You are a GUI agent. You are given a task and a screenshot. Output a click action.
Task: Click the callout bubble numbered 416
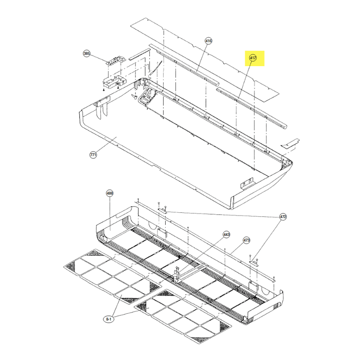(208, 41)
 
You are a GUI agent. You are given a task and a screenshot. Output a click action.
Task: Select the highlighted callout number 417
(253, 58)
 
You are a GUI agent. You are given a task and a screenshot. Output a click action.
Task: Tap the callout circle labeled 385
(86, 54)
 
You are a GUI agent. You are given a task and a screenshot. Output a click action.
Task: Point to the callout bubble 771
(93, 155)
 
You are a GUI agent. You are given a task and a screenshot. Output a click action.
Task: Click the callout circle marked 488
(110, 193)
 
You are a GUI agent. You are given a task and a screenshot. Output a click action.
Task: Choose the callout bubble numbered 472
(283, 217)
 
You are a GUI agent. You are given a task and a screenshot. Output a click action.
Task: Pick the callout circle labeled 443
(226, 234)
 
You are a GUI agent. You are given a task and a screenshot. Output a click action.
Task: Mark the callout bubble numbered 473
(246, 240)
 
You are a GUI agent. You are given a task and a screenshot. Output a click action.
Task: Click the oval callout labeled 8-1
(108, 319)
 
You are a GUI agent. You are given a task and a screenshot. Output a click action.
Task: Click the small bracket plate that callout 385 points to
(116, 60)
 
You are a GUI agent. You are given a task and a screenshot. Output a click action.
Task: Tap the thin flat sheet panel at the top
(205, 60)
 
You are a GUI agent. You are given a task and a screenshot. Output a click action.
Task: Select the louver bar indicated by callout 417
(252, 108)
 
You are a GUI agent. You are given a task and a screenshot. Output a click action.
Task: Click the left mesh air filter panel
(112, 277)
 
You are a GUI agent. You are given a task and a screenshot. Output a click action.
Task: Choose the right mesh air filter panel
(183, 316)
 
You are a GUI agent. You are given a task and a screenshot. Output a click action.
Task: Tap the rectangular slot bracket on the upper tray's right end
(247, 183)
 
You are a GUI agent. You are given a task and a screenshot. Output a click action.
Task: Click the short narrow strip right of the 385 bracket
(139, 54)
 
